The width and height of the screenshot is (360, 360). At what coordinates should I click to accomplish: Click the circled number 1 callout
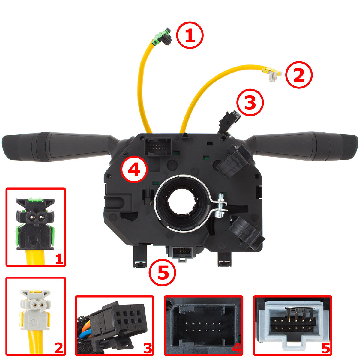(x=190, y=35)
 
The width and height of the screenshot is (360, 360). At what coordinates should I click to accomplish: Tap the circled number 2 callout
(x=299, y=75)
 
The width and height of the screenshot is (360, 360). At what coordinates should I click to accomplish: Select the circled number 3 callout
(x=250, y=102)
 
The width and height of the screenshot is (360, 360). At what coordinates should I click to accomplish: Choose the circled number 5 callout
(x=162, y=273)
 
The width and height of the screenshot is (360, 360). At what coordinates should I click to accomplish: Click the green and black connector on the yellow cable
(x=162, y=37)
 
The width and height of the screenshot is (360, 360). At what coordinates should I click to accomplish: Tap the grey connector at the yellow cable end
(x=272, y=74)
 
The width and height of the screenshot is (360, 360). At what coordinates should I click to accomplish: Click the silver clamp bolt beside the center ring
(x=222, y=206)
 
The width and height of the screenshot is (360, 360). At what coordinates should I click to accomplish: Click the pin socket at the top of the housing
(x=158, y=147)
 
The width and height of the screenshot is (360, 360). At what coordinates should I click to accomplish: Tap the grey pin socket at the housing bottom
(x=181, y=253)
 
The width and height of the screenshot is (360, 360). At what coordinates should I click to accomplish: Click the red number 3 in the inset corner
(x=148, y=348)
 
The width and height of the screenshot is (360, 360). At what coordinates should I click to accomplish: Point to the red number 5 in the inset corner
(x=325, y=348)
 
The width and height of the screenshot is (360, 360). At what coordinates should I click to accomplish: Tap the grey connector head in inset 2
(x=35, y=308)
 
